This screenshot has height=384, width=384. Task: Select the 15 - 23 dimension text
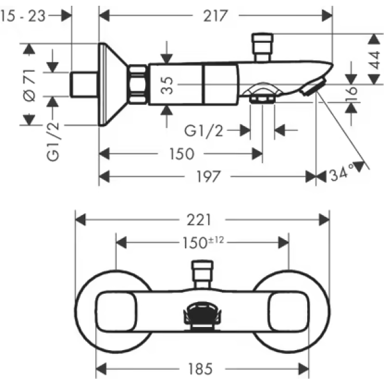pyautogui.click(x=24, y=16)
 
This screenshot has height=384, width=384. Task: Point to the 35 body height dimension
pyautogui.click(x=166, y=84)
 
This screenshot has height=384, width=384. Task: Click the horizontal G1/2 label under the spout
pyautogui.click(x=203, y=131)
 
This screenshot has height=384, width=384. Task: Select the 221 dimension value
pyautogui.click(x=200, y=220)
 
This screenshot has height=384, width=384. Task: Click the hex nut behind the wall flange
pyautogui.click(x=138, y=84)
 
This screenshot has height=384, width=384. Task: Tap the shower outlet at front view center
pyautogui.click(x=202, y=315)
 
